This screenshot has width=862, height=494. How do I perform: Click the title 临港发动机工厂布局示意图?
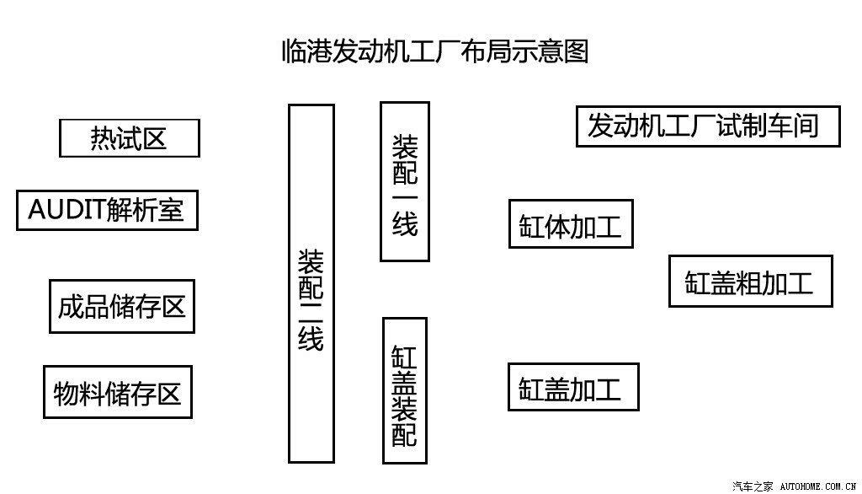coord(435,51)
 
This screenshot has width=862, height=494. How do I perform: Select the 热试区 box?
coord(129,138)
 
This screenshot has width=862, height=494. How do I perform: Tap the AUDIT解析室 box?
coord(107,210)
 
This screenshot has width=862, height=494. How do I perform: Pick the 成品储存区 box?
coord(122,306)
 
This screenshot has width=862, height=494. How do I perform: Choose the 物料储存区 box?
coord(118,392)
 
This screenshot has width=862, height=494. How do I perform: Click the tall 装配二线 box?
coord(311,283)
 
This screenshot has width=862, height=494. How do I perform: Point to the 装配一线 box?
coord(405,182)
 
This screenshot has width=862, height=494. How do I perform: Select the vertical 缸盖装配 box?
coord(405,390)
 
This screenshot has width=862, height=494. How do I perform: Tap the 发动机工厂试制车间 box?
coord(708,126)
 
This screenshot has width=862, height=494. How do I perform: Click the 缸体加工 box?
coord(571,224)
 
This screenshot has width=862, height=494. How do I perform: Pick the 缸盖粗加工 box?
coord(750,282)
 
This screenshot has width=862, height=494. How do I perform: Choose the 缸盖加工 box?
coord(573,387)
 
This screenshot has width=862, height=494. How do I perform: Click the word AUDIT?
coord(67,209)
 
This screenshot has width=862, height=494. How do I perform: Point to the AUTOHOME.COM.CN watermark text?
coord(818,486)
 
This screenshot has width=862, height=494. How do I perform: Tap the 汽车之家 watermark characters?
coord(753,486)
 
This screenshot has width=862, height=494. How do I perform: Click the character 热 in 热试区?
coord(103,138)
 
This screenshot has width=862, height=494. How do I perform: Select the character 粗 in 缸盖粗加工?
coord(748,283)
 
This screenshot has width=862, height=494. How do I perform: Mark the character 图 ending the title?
coord(576,51)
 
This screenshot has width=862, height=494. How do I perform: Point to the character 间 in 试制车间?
coord(806,126)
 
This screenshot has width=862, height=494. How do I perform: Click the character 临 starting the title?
coord(294,51)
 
